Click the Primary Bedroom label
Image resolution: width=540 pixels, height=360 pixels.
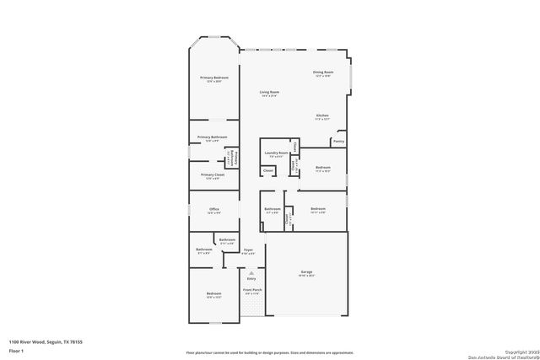tap(214, 78)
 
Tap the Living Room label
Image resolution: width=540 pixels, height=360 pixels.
tap(269, 92)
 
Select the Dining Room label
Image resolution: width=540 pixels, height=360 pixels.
tap(323, 73)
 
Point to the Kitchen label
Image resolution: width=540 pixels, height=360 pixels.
tap(322, 116)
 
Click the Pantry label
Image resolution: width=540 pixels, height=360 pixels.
tap(338, 142)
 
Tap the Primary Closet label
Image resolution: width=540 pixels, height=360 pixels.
tap(213, 175)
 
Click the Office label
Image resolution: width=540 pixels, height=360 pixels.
tap(213, 209)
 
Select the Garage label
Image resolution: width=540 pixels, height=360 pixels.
tap(307, 271)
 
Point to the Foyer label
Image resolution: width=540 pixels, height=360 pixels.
tap(249, 250)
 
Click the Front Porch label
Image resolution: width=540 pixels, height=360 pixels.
tap(251, 289)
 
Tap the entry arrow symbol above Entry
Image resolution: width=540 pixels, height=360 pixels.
tap(251, 269)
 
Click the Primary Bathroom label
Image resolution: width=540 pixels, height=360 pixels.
tap(213, 137)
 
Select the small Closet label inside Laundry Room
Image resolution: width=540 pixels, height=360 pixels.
tap(267, 170)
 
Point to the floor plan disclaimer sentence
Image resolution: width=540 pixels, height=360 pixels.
tap(269, 353)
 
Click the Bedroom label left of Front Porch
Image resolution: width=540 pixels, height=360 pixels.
tap(213, 293)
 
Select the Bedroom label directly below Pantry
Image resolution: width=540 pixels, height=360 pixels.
tap(323, 167)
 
